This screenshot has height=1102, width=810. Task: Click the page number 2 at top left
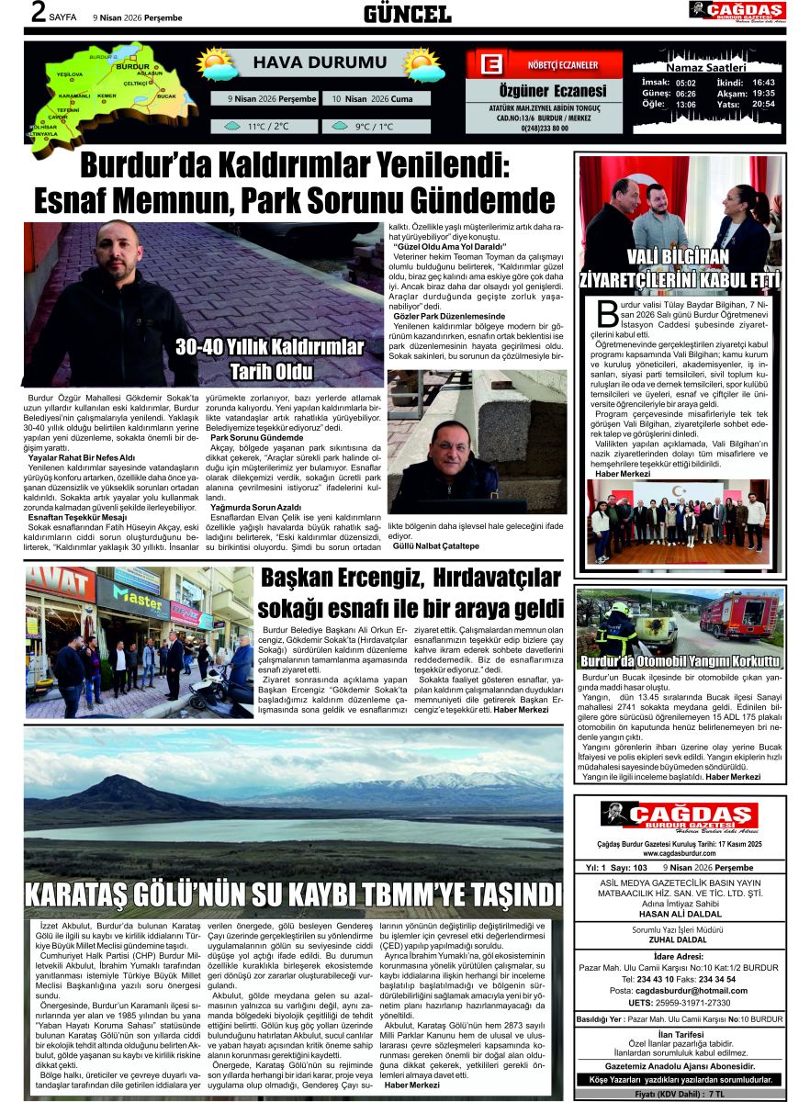point(38,14)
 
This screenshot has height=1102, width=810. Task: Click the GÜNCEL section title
point(407,14)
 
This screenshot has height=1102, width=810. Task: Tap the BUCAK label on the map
point(166,96)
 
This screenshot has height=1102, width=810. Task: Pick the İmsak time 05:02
point(685,83)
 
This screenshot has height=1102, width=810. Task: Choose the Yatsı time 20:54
point(763,104)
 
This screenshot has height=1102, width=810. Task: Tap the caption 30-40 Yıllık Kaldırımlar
point(270,347)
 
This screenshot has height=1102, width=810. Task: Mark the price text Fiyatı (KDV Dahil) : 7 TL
point(681,1093)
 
